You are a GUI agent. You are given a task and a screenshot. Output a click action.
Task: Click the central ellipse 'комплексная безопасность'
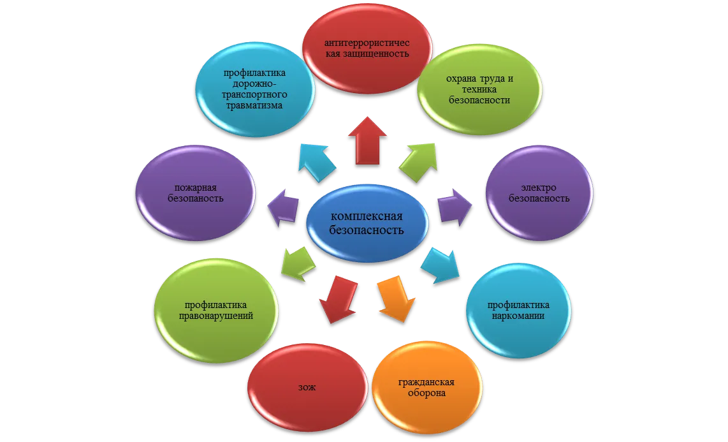367,223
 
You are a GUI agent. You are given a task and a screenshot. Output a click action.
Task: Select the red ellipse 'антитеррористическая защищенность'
367,48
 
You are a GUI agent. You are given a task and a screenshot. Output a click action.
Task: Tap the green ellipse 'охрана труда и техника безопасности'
479,89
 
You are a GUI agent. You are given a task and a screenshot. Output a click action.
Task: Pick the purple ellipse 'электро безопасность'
539,193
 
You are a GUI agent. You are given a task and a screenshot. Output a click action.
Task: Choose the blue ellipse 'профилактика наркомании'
519,311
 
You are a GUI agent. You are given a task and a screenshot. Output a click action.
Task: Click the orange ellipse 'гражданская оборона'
426,388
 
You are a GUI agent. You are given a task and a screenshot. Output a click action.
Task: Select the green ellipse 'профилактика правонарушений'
216,311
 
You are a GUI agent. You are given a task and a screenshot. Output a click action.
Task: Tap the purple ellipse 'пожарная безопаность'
196,193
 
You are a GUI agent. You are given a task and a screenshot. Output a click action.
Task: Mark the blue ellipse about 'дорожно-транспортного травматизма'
254,89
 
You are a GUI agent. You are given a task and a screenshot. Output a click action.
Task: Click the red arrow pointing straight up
367,141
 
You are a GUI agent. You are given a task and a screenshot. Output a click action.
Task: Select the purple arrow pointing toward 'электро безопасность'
455,207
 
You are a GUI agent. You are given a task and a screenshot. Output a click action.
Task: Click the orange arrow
396,298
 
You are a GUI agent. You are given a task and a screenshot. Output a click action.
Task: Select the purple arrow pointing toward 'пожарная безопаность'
283,208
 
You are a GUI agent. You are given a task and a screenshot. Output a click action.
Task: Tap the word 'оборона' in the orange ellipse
426,394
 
